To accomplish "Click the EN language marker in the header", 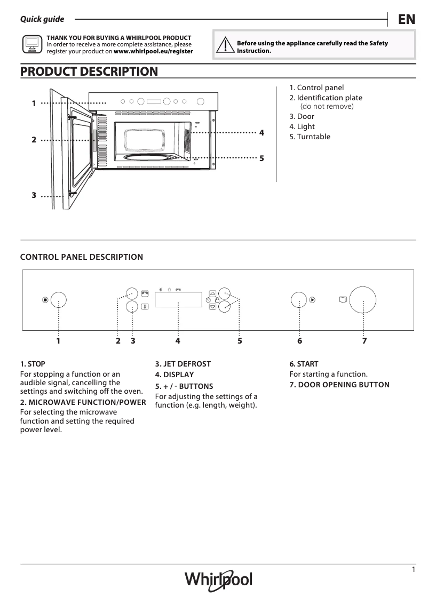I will tap(407, 20).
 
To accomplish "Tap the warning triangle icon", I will tap(226, 46).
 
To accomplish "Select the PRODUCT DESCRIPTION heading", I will tap(89, 71).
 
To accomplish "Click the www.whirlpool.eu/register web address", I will tap(153, 52).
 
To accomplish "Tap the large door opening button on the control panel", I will tap(364, 300).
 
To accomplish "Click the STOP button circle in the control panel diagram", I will tap(58, 300).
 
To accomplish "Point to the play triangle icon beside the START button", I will tap(312, 300).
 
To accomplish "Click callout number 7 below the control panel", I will tap(364, 340).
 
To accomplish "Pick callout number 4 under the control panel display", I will tap(178, 340).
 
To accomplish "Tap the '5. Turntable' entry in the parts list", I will tap(310, 137).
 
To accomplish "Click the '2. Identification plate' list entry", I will tap(326, 98).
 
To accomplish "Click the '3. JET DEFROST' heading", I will tap(183, 364).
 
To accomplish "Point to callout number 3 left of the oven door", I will tap(34, 195).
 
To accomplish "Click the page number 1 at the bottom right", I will tap(413, 570).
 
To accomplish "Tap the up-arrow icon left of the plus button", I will tap(212, 293).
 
